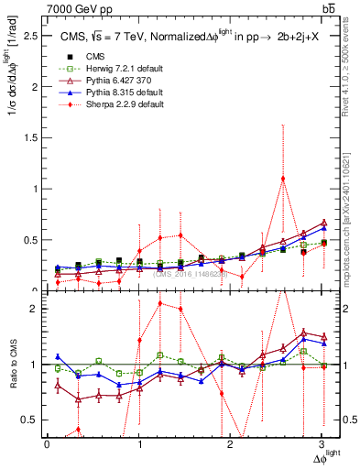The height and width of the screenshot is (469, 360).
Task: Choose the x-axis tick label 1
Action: pos(139,445)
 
